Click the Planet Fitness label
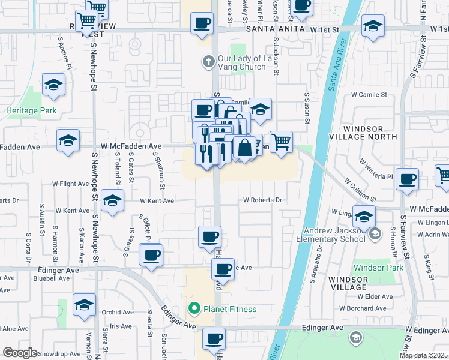230,310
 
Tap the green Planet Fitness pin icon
194,310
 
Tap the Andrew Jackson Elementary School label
331,234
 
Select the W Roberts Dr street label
262,200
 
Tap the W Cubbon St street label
360,189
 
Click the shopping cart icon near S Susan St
281,142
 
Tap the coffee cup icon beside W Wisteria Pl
408,179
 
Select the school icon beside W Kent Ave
112,202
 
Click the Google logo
20,353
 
